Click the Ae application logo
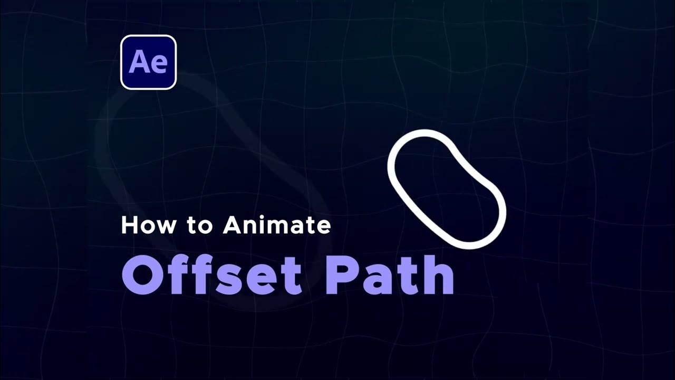pyautogui.click(x=148, y=62)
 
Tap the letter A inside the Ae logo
pyautogui.click(x=138, y=62)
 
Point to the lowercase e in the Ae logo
pyautogui.click(x=158, y=64)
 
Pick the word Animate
pyautogui.click(x=277, y=225)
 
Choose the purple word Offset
pyautogui.click(x=211, y=275)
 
